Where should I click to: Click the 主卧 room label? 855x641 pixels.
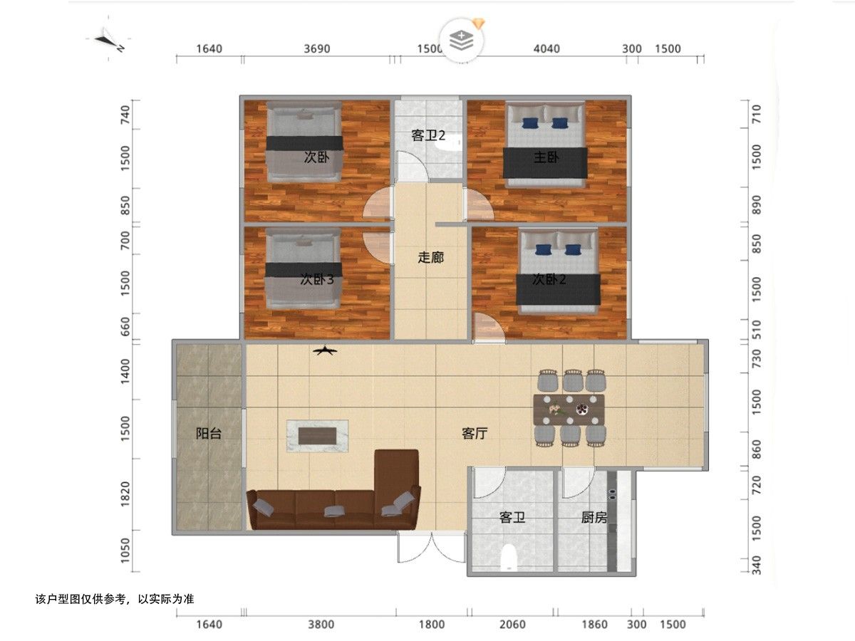tap(545, 157)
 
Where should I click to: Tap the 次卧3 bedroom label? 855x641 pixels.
tap(317, 280)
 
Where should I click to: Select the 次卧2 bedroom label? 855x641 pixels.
tap(549, 280)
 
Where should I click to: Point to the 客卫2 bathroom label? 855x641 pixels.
tap(428, 136)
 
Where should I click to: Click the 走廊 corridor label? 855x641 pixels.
tap(430, 258)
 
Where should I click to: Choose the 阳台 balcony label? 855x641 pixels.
tap(209, 434)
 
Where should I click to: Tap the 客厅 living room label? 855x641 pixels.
tap(475, 434)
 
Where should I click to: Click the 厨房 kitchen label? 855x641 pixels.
tap(594, 518)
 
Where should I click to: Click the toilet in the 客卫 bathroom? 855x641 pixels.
tap(509, 558)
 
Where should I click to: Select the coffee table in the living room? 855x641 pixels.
tap(318, 435)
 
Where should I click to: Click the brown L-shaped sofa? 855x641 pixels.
tap(335, 502)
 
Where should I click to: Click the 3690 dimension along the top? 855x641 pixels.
tap(317, 49)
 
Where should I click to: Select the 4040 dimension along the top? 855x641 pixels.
tap(546, 49)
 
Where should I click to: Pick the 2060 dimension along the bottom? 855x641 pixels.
tap(512, 625)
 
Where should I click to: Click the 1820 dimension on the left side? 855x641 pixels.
tap(125, 494)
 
